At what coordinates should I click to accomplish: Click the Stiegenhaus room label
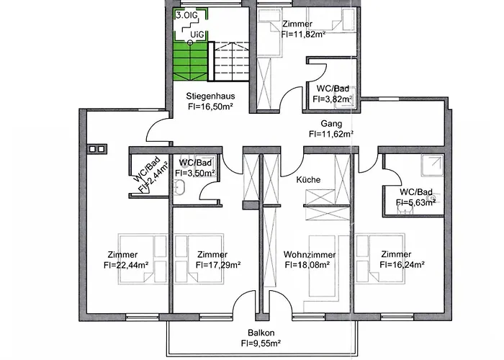(x=211, y=96)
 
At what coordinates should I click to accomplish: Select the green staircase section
(x=190, y=61)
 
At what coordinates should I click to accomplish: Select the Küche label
(x=308, y=180)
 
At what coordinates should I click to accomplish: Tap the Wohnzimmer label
(x=307, y=254)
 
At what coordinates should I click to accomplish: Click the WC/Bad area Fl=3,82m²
(x=333, y=99)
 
